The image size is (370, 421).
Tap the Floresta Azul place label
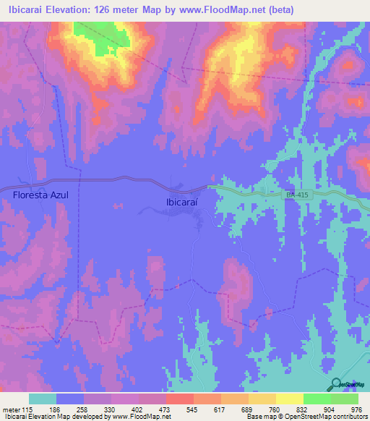pos(40,195)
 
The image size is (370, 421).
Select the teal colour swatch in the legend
pos(43,399)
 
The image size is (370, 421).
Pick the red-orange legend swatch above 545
pos(180,399)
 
